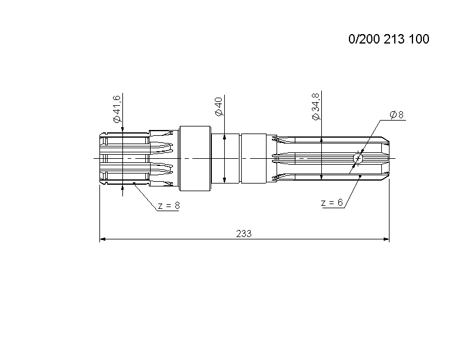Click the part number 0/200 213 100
click(389, 39)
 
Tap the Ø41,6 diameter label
click(116, 109)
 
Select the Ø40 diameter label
click(218, 106)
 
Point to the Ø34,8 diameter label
click(315, 106)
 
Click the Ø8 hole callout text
click(397, 115)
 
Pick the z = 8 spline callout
click(169, 205)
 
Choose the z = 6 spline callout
click(332, 202)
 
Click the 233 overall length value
click(244, 234)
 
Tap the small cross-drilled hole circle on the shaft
click(358, 158)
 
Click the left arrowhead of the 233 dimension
click(102, 239)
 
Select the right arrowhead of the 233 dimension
click(386, 239)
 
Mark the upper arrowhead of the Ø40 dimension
click(224, 136)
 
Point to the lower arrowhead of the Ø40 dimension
click(224, 179)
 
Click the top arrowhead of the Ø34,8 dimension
click(321, 140)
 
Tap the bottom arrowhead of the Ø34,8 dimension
click(321, 176)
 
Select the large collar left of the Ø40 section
click(195, 158)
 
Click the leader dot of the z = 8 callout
click(134, 183)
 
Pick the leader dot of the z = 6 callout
click(360, 176)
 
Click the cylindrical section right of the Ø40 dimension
click(254, 158)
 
